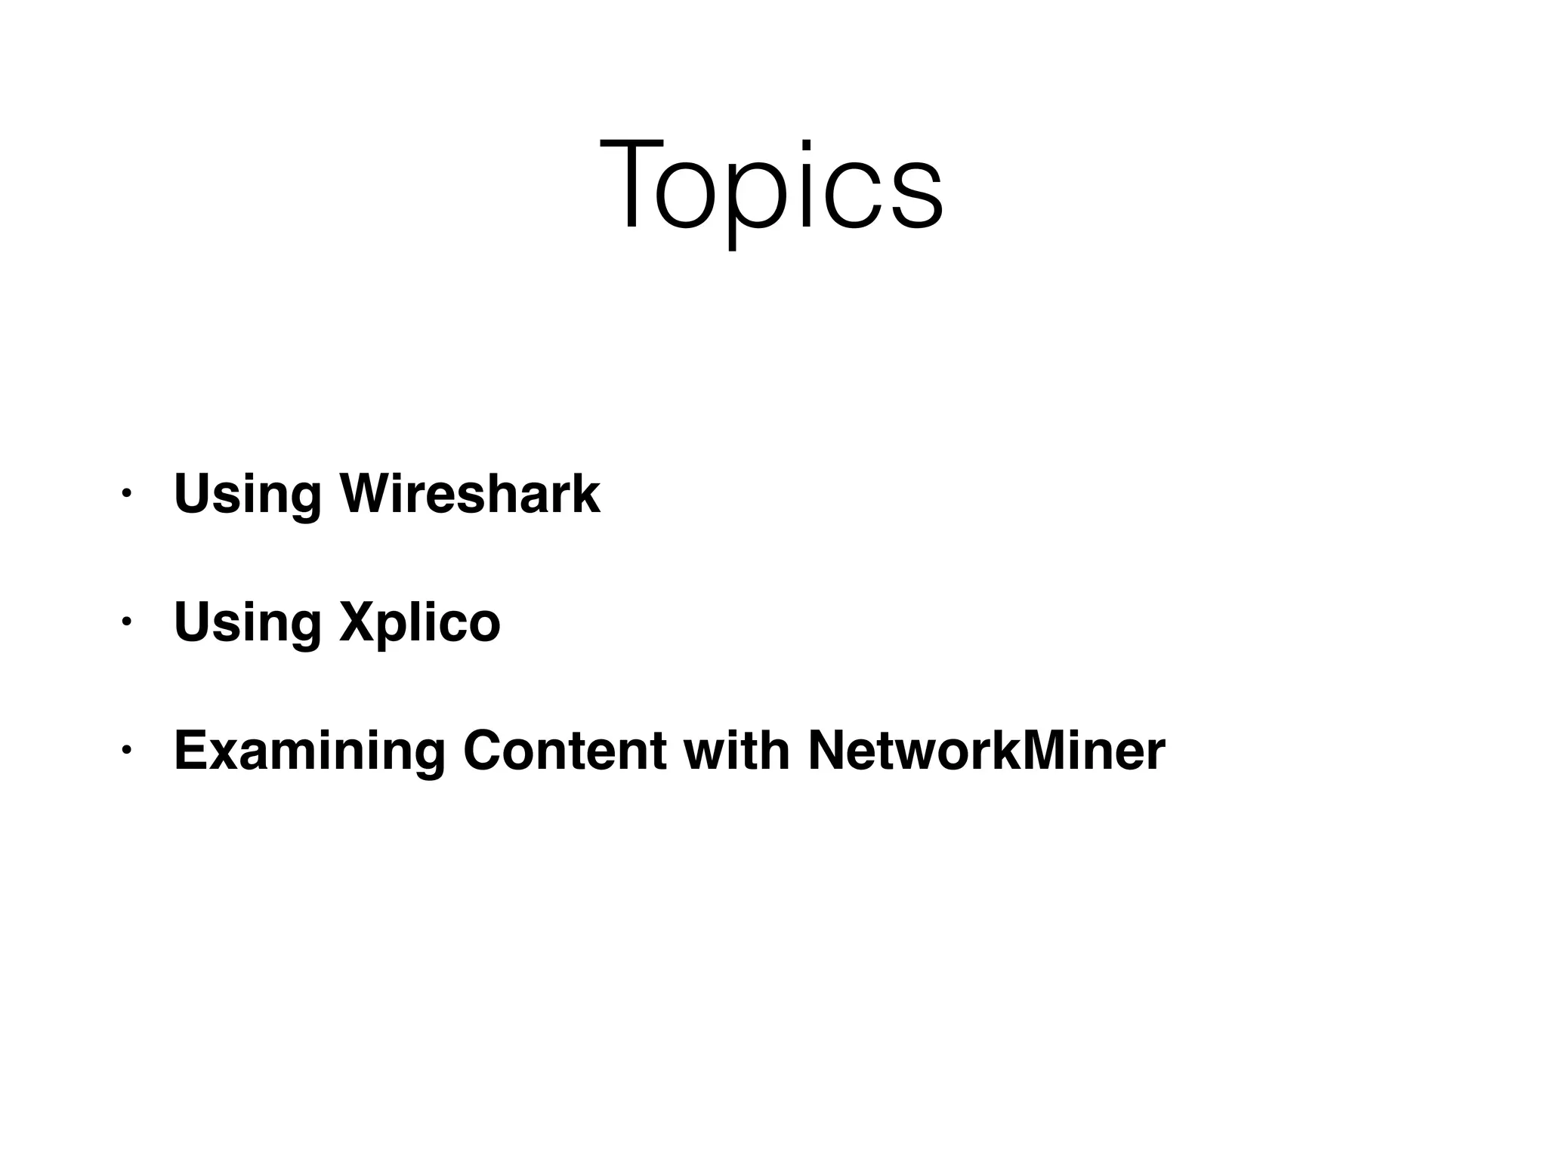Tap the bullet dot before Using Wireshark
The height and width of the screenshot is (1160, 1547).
[126, 494]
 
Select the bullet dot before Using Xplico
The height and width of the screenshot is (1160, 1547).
[126, 622]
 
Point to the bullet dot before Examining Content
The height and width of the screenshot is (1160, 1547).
[126, 751]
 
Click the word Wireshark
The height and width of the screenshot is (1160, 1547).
[470, 494]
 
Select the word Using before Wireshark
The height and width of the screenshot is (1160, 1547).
[248, 495]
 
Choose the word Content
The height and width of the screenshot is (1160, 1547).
[564, 751]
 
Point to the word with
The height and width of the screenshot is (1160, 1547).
[736, 751]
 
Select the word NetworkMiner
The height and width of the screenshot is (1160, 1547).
[987, 751]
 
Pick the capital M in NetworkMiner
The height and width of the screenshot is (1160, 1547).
[1032, 751]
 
